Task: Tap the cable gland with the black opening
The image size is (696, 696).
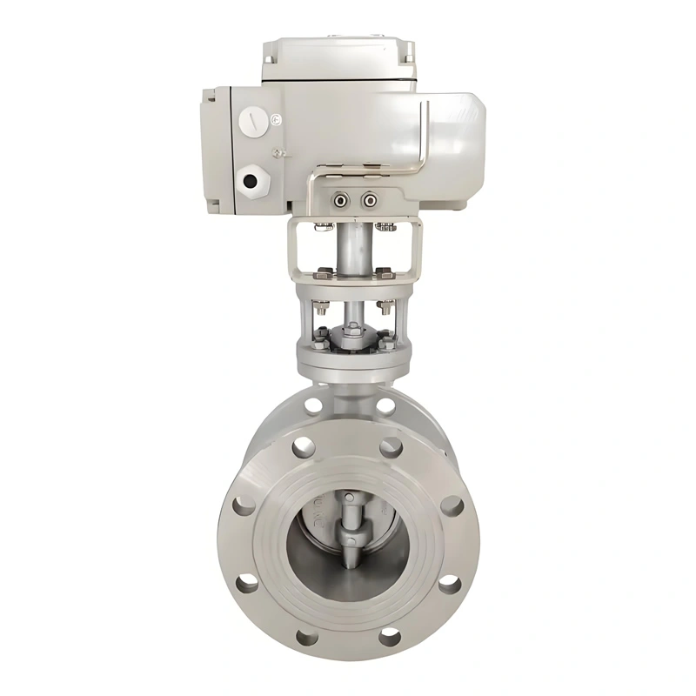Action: pyautogui.click(x=251, y=181)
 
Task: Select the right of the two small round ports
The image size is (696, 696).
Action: pyautogui.click(x=370, y=201)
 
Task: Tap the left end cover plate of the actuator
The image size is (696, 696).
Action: pyautogui.click(x=215, y=148)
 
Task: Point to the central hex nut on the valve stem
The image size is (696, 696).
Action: pyautogui.click(x=354, y=329)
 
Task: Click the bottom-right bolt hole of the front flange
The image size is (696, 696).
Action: pyautogui.click(x=391, y=637)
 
